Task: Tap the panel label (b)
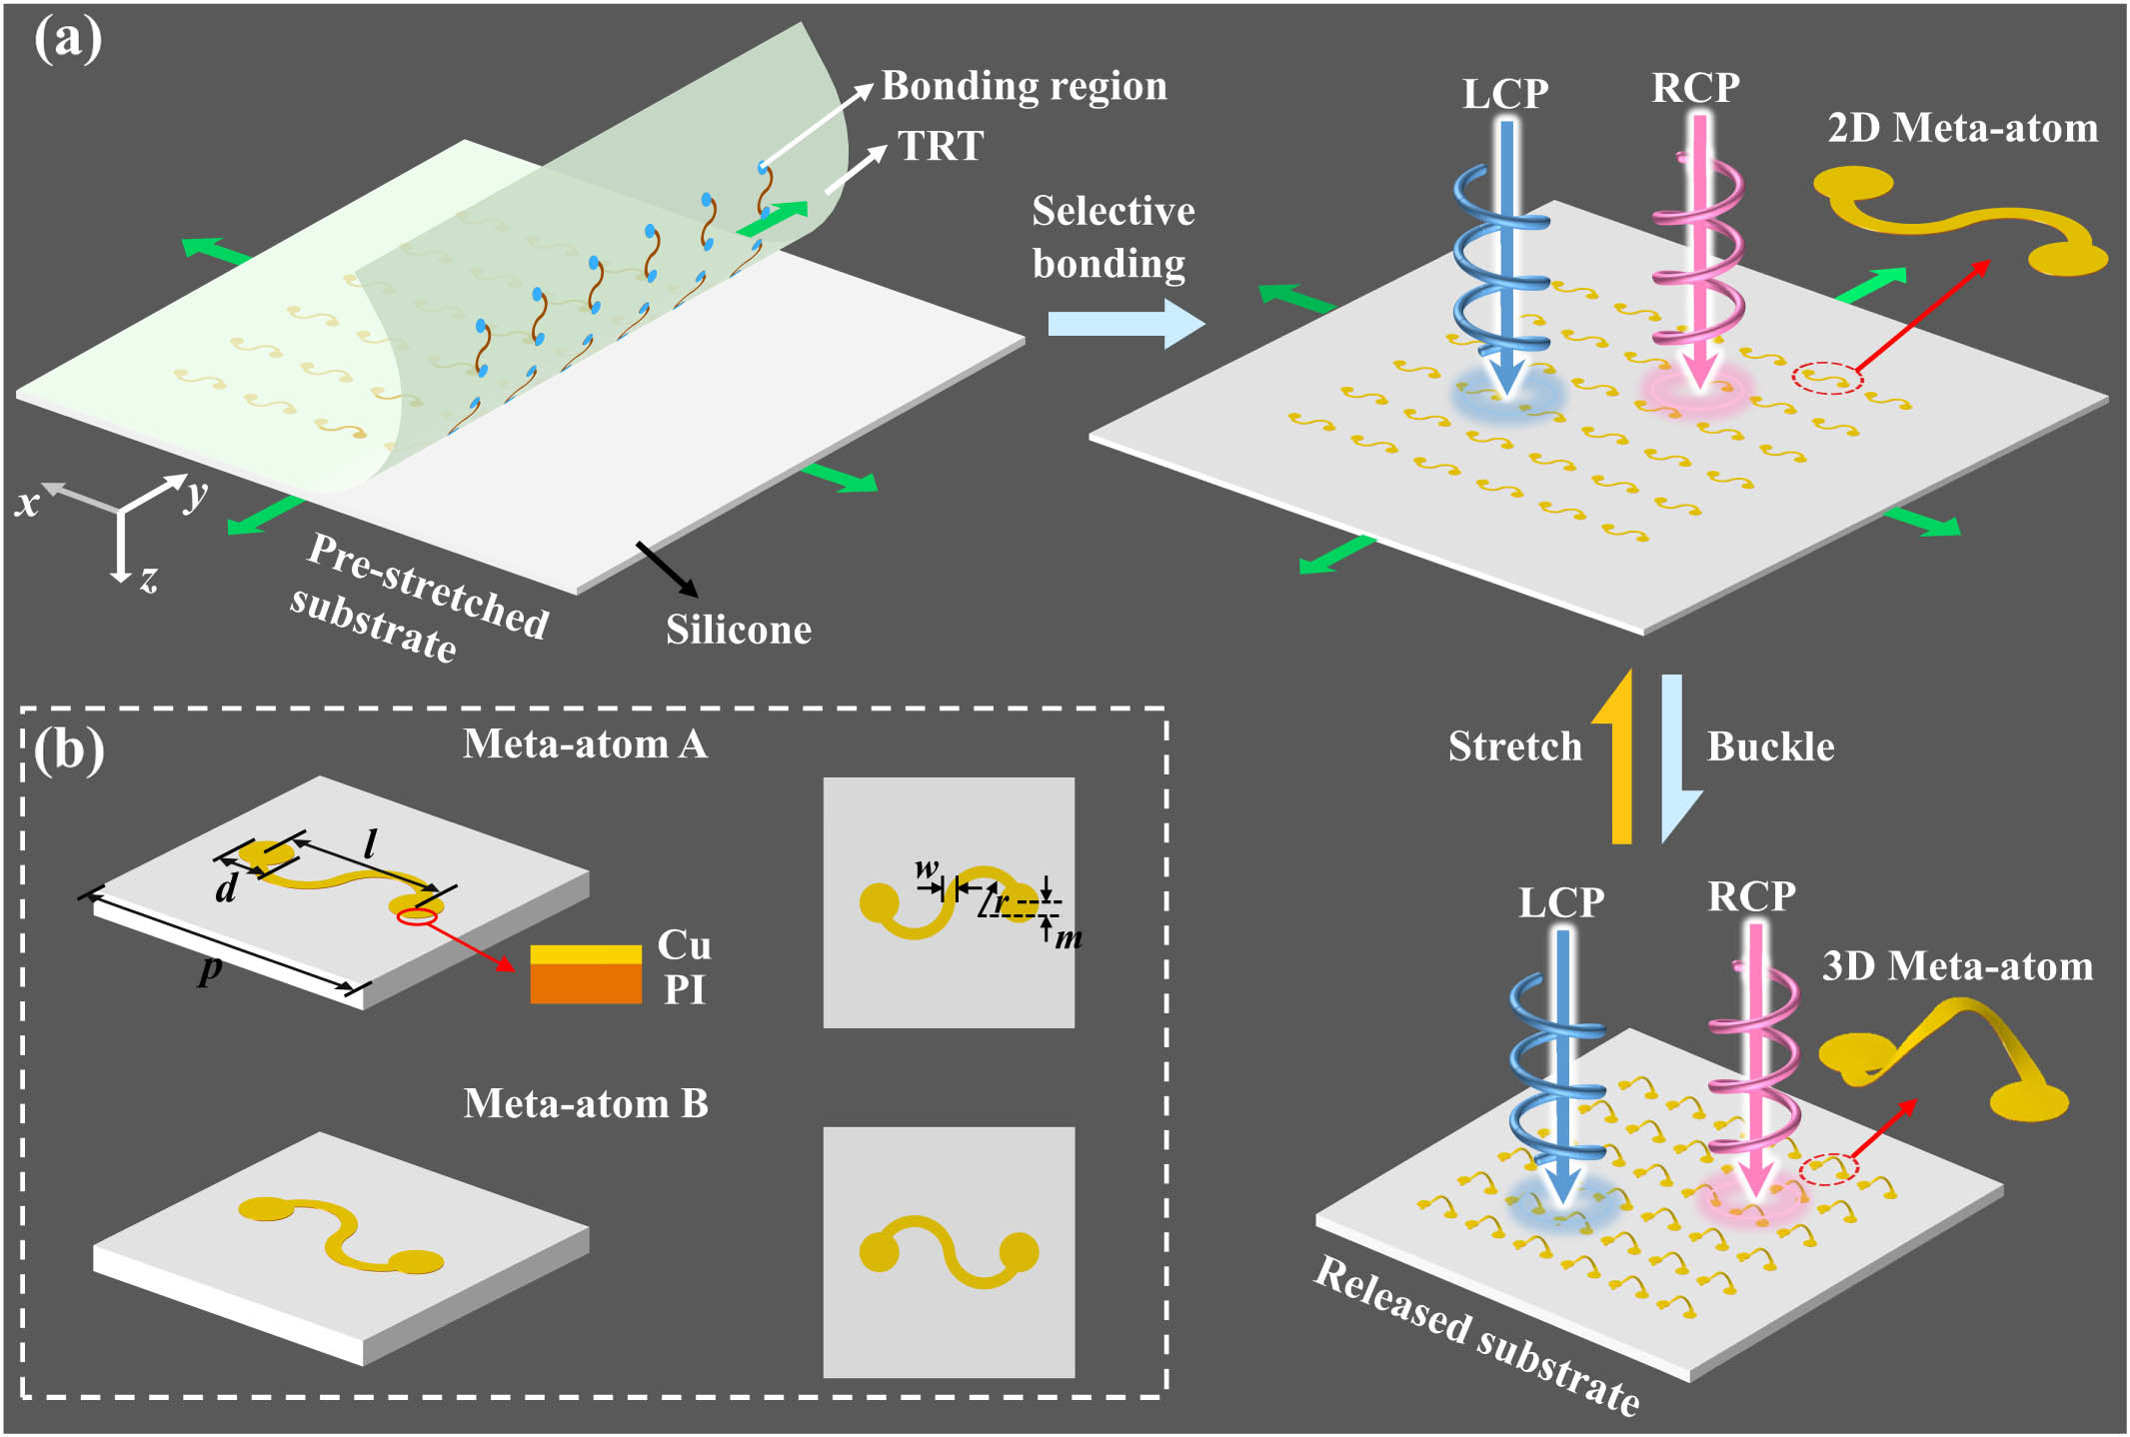[68, 749]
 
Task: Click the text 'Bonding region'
[1024, 86]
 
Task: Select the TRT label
[941, 146]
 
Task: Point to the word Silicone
[739, 630]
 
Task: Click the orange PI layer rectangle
[586, 983]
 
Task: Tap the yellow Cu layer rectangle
[586, 954]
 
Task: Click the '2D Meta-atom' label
[1962, 128]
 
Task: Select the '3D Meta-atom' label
[1957, 966]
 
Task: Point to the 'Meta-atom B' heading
[586, 1104]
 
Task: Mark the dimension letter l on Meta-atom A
[370, 844]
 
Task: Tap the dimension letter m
[1068, 937]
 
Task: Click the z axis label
[149, 579]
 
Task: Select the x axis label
[27, 502]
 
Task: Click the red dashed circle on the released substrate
[1828, 1169]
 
